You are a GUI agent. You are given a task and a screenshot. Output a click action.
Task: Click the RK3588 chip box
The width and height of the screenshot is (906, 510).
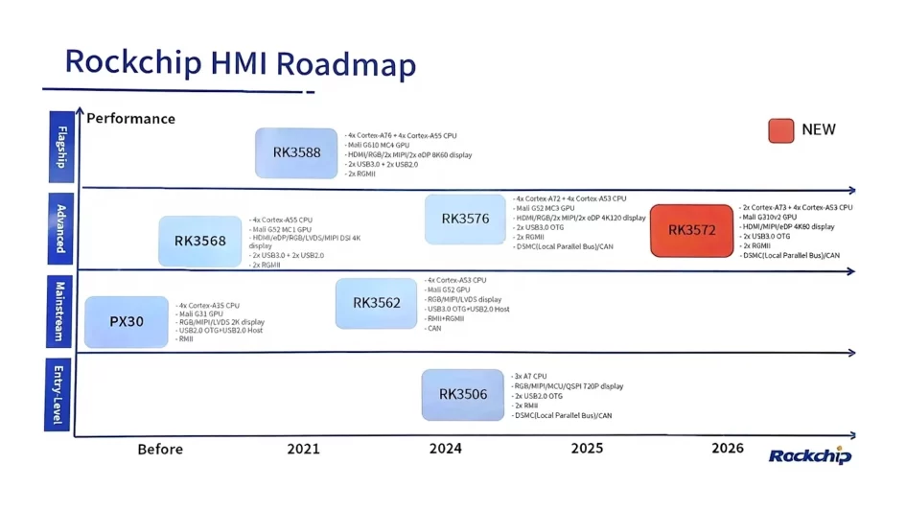point(296,152)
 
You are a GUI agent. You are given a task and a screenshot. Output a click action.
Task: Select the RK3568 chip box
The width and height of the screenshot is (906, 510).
point(200,241)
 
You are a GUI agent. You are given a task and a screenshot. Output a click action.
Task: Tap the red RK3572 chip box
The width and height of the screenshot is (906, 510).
point(690,230)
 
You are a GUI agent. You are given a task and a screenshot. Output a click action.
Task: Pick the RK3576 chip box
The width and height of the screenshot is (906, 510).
point(465,219)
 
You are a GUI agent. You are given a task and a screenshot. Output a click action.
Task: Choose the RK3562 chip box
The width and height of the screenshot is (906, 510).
point(376,303)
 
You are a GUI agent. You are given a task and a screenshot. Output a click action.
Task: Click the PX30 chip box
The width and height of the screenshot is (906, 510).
point(127,322)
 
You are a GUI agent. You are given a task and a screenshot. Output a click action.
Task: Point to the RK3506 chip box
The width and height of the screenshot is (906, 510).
point(463,394)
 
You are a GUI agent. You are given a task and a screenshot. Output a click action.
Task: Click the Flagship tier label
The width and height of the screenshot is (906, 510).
point(60,145)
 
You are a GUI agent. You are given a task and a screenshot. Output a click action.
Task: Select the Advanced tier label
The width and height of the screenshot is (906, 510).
point(60,230)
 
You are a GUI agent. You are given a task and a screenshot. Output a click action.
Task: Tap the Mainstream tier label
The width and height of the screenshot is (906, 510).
point(60,313)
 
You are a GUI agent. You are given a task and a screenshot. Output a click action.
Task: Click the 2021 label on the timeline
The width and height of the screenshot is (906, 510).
point(303,449)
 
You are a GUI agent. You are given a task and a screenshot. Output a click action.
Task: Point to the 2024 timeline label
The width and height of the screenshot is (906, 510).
point(445,449)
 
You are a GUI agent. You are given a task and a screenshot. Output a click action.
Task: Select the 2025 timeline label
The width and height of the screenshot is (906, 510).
point(587,448)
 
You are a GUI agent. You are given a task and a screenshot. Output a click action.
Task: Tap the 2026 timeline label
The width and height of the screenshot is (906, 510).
point(728,448)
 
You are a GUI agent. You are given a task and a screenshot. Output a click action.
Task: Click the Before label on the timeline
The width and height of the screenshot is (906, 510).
point(160,449)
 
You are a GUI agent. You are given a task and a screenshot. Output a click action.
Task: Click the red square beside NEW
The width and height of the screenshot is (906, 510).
point(781,130)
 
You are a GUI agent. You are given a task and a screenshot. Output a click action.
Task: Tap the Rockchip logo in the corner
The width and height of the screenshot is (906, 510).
point(810,455)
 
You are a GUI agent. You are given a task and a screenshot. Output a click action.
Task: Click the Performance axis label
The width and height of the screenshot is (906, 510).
point(130,119)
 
